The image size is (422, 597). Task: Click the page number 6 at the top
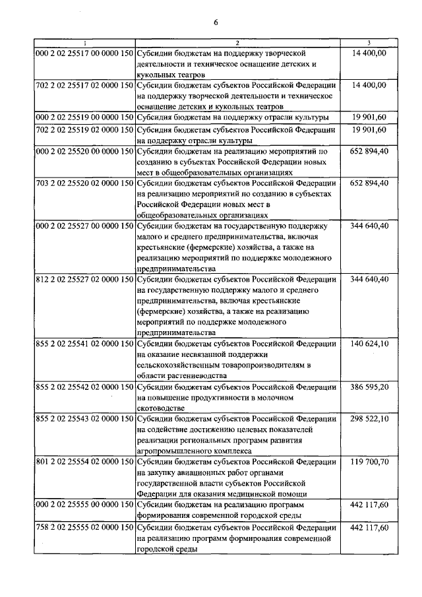(216, 24)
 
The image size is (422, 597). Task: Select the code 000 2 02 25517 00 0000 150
(84, 51)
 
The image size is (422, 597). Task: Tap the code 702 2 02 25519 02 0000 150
(84, 130)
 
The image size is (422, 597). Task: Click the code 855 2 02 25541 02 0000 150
(84, 344)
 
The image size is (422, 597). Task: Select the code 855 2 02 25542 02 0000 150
(84, 387)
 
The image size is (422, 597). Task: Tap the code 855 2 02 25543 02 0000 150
(84, 419)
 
